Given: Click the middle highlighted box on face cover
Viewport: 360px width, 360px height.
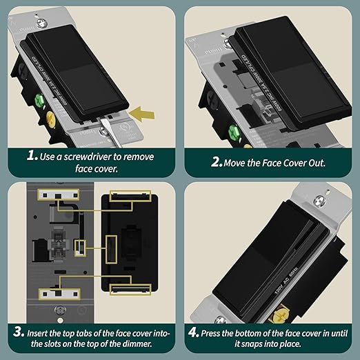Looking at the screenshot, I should coord(111,243).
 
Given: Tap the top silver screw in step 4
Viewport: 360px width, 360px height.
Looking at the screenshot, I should coord(318,201).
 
